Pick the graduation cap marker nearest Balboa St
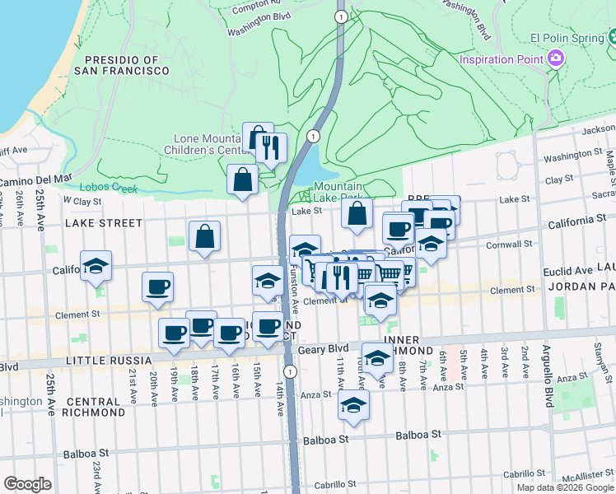click(353, 406)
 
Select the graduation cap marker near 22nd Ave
click(96, 266)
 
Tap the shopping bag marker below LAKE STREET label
click(204, 237)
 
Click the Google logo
click(27, 484)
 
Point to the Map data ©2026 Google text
click(565, 487)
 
